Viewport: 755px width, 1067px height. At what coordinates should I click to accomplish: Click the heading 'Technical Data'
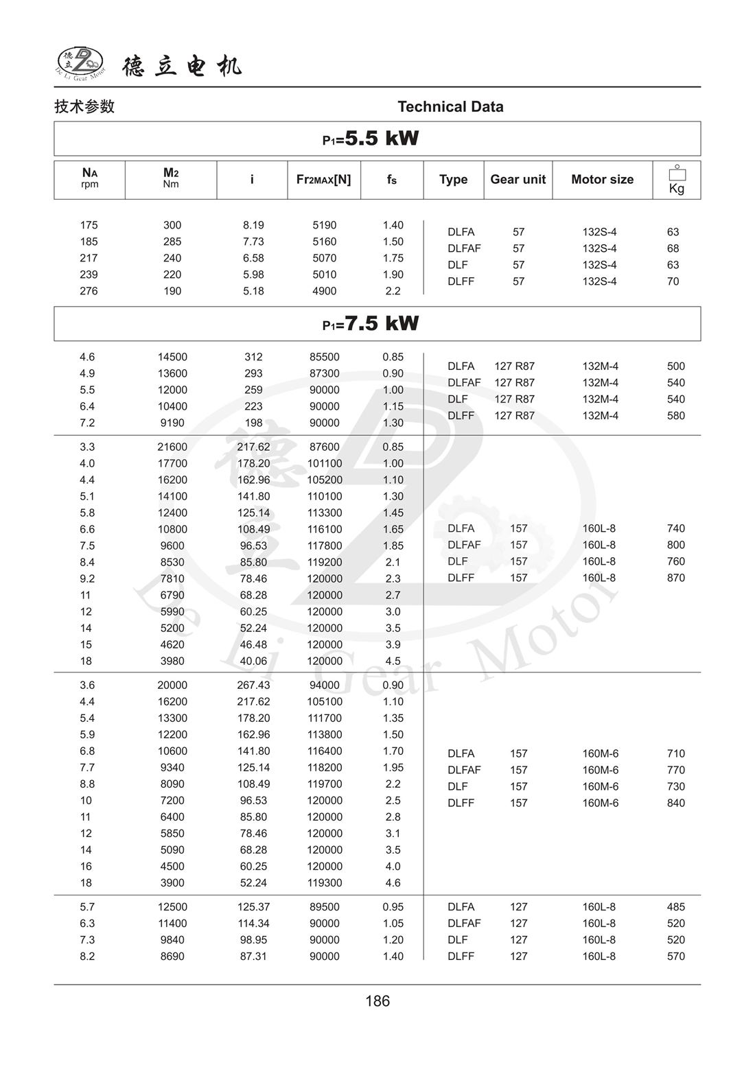coord(450,106)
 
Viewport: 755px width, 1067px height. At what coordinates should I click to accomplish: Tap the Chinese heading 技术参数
coord(84,106)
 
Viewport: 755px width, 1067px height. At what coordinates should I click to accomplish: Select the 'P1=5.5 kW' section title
coord(371,139)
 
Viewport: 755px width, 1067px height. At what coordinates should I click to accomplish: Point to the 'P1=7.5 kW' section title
coord(371,323)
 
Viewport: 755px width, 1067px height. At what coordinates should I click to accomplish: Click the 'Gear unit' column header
coord(518,179)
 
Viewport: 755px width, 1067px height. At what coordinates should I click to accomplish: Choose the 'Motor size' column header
coord(602,179)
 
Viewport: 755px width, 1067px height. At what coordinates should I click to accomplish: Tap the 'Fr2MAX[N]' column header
coord(323,179)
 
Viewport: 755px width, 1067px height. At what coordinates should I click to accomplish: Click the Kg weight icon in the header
coord(677,180)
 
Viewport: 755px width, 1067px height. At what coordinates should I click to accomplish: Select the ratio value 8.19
coord(253,225)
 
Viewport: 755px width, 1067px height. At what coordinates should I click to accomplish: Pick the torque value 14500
coord(172,357)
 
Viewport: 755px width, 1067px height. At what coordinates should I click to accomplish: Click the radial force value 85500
coord(324,357)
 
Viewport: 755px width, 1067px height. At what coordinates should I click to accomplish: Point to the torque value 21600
coord(172,447)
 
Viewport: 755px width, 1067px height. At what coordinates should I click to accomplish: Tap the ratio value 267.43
coord(253,685)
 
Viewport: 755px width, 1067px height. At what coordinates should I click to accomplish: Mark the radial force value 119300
coord(324,882)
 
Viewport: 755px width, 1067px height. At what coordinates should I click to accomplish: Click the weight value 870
coord(676,578)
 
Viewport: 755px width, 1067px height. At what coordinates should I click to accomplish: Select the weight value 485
coord(676,906)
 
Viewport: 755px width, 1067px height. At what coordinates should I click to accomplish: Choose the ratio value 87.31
coord(253,956)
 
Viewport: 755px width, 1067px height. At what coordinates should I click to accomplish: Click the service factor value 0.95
coord(393,906)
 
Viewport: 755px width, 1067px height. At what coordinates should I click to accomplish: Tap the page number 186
coord(377,1001)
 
